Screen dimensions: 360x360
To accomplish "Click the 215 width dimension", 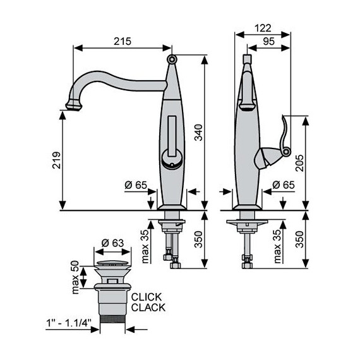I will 123,41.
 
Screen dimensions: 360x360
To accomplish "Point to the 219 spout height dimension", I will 56,162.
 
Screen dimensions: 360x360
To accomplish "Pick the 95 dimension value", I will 268,41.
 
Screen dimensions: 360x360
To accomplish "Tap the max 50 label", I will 75,277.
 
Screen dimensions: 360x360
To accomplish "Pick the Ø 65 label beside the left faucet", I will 136,184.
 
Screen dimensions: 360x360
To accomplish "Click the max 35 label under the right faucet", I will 277,246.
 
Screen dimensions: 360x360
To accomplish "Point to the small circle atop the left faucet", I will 172,59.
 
